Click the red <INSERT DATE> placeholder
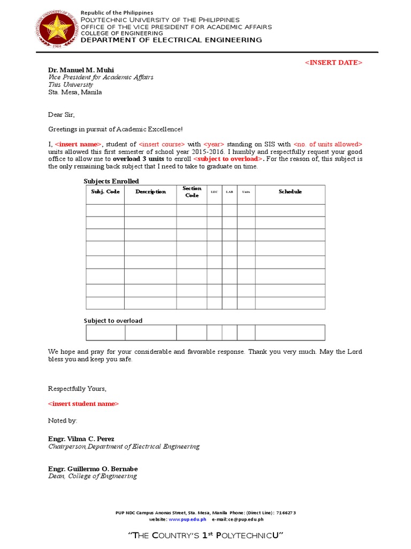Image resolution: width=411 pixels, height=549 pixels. point(333,63)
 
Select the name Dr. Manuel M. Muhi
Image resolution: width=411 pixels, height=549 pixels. point(81,70)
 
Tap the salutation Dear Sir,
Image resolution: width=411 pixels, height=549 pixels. point(62,115)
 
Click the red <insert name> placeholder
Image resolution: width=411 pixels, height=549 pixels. point(78,144)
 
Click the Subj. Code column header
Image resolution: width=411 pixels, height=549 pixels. point(105,192)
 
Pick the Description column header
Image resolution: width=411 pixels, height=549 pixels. point(150,192)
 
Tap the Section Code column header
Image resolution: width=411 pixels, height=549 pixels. point(192,192)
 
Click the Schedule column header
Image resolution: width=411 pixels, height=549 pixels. point(290,192)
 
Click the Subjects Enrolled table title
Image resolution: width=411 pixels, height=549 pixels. point(111,181)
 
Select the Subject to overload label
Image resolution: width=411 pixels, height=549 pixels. point(113,321)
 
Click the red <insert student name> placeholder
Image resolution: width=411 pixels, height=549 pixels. point(83,404)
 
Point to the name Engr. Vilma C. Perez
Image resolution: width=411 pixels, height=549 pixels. point(81,439)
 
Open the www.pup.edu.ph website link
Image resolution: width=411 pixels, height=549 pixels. point(179,520)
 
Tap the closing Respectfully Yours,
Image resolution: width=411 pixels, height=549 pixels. point(77,389)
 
